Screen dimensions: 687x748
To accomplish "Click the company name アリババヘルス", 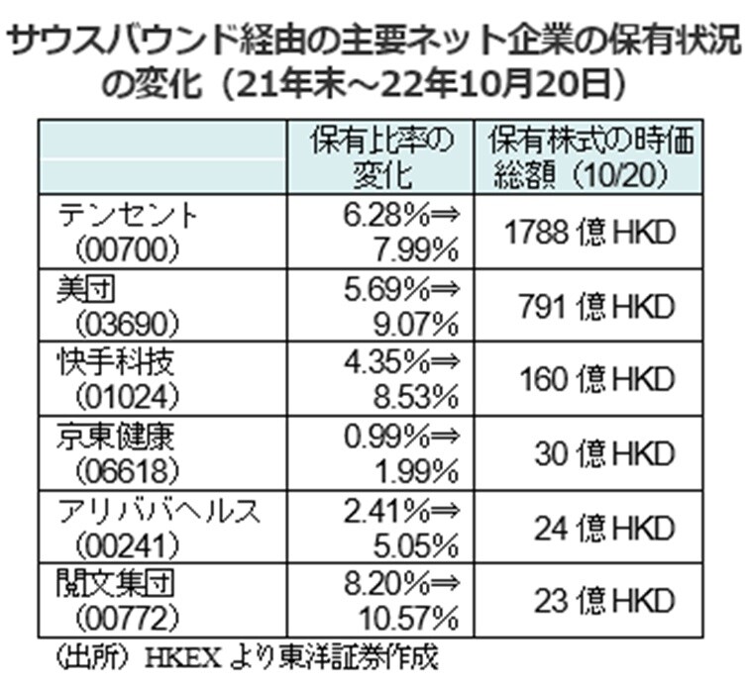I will [x=159, y=509].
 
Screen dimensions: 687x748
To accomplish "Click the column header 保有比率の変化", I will [x=381, y=157].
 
